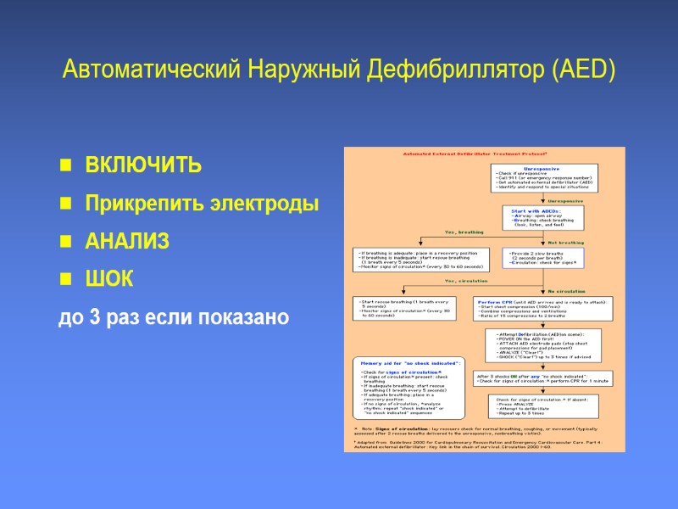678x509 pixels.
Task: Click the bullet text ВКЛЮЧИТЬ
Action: tap(143, 165)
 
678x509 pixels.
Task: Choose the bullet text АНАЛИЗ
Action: tap(127, 242)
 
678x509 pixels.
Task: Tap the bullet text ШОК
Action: tap(108, 279)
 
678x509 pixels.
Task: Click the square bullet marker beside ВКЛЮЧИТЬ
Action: tap(64, 165)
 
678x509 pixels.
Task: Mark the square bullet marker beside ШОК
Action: tap(64, 280)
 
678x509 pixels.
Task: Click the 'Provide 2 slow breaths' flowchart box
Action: tap(547, 259)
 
